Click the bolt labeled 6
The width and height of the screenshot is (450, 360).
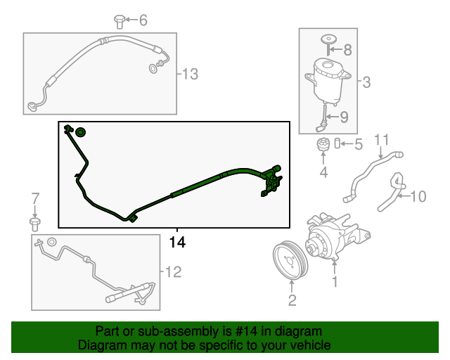(x=119, y=22)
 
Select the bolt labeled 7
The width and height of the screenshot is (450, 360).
(x=34, y=224)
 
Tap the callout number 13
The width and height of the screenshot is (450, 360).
(x=190, y=74)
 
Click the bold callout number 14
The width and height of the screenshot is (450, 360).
(x=177, y=242)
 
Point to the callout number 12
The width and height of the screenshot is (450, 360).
(x=174, y=272)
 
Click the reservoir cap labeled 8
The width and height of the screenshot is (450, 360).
(x=328, y=44)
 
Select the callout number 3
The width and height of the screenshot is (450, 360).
(x=366, y=82)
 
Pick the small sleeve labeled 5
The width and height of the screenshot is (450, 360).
(x=337, y=143)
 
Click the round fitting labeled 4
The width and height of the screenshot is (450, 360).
(x=323, y=144)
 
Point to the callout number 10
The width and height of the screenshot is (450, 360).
(x=418, y=196)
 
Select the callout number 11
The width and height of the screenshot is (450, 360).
(x=382, y=139)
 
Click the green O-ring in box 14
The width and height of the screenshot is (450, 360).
(x=81, y=132)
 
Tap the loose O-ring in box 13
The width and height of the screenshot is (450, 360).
(x=153, y=69)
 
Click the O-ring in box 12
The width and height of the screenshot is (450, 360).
(x=51, y=242)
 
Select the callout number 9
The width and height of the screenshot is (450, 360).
(x=344, y=117)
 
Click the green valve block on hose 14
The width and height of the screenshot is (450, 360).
(x=271, y=181)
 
